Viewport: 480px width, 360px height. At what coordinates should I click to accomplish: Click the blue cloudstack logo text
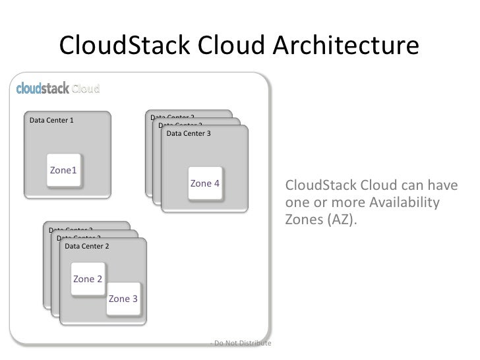click(x=42, y=88)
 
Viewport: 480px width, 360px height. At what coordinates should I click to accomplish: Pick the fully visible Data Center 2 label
click(x=87, y=247)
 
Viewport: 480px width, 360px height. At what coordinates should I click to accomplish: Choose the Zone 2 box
click(x=88, y=279)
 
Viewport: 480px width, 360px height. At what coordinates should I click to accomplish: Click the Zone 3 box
click(x=123, y=299)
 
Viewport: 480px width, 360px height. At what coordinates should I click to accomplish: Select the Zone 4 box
click(x=204, y=183)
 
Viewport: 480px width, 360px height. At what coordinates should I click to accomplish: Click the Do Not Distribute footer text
click(x=240, y=343)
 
